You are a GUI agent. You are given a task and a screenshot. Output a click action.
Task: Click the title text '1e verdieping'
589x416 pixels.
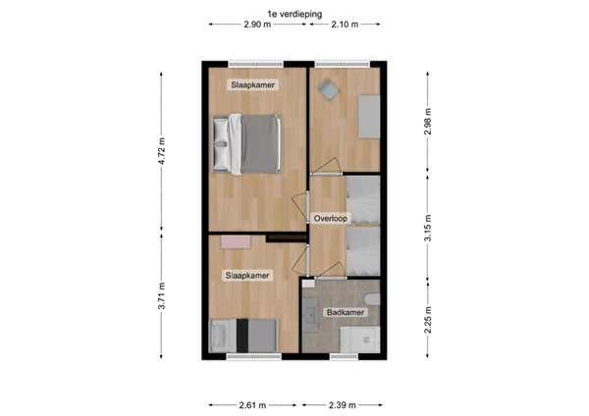click(x=294, y=13)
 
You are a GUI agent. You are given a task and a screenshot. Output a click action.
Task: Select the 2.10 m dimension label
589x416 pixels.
click(x=344, y=25)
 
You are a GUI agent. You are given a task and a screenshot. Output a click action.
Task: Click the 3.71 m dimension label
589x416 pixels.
click(x=163, y=296)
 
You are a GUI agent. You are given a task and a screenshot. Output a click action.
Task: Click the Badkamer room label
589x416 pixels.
click(x=347, y=313)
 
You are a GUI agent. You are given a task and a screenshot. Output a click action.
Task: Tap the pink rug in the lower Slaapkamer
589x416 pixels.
click(x=235, y=240)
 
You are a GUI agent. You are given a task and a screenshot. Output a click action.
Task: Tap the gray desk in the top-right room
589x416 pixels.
click(x=369, y=116)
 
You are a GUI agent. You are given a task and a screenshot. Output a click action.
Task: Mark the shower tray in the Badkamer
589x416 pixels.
click(x=359, y=338)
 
